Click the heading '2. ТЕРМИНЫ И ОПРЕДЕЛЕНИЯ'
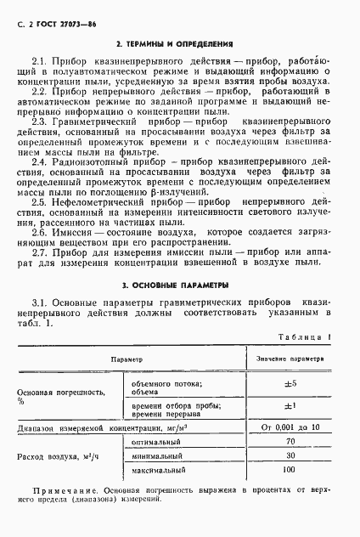coord(179,42)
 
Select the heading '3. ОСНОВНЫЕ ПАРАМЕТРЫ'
coord(179,285)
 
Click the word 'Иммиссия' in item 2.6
coord(77,233)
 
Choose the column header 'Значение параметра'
coord(290,359)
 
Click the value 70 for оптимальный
coord(290,441)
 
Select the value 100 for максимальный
coord(290,469)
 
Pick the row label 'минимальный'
coord(156,455)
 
